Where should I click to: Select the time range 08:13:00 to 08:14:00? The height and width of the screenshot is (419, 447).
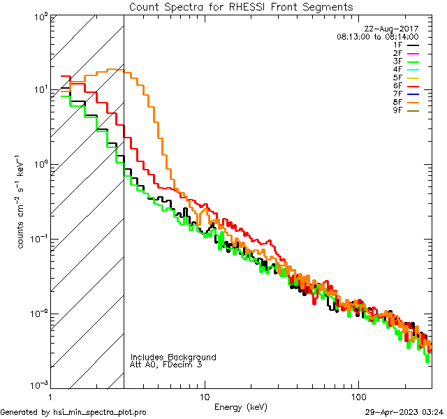pos(377,36)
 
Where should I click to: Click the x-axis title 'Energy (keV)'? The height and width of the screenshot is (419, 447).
pos(240,407)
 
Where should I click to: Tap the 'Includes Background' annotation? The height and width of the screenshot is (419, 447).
pos(173,357)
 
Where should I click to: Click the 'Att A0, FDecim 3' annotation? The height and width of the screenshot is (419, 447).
pos(166,365)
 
